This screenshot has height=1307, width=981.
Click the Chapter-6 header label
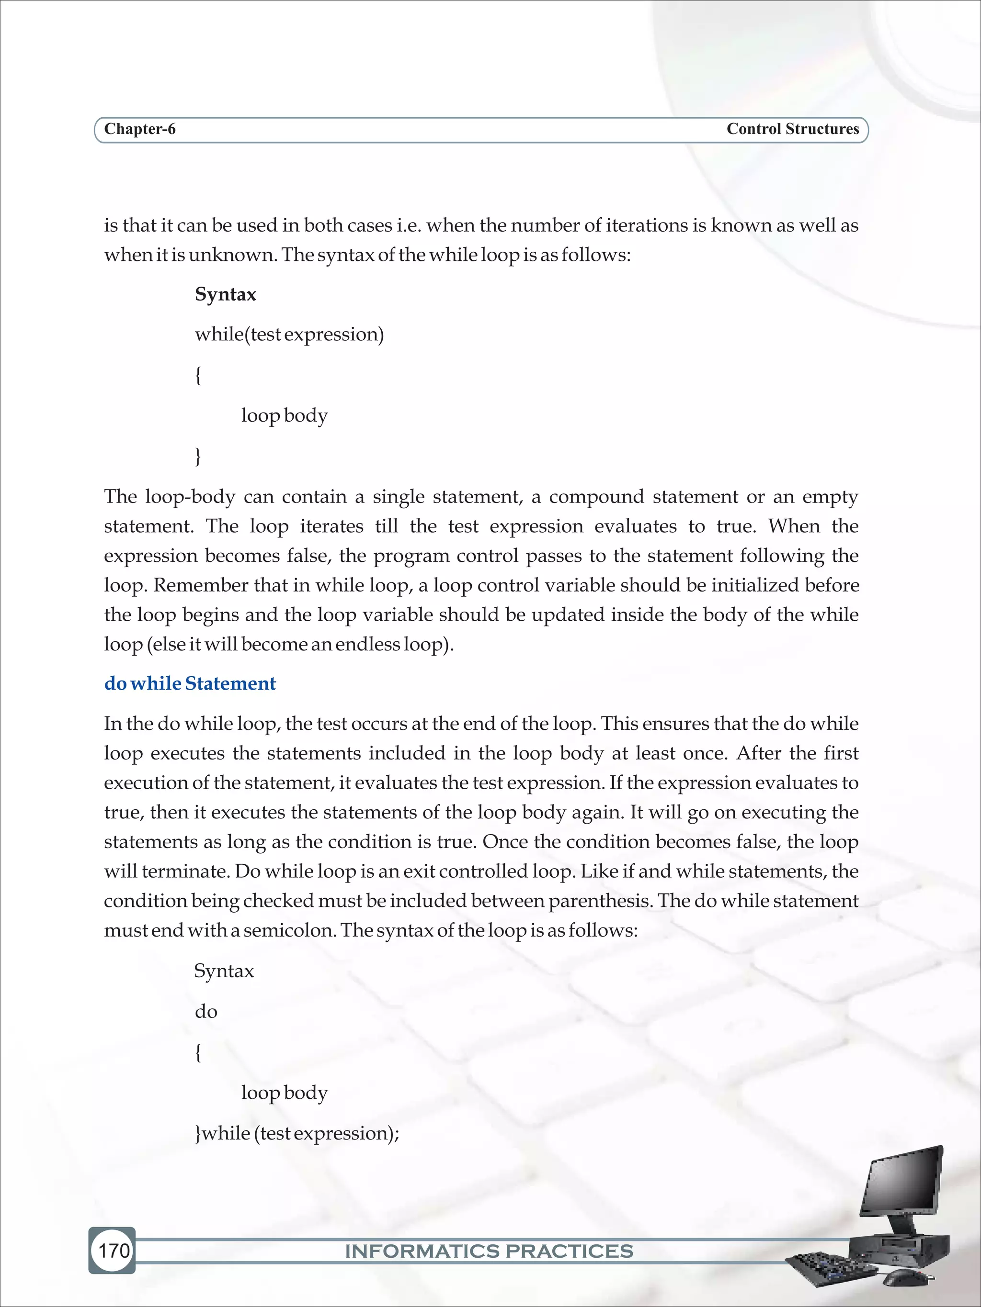click(139, 129)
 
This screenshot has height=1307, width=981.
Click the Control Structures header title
click(792, 129)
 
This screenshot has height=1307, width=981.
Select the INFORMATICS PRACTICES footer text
click(489, 1251)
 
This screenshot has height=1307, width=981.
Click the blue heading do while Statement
click(190, 683)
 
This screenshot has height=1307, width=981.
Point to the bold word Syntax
click(225, 294)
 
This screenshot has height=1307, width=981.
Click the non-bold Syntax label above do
click(224, 971)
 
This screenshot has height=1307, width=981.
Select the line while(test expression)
click(289, 335)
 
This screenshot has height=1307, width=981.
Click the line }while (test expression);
click(297, 1133)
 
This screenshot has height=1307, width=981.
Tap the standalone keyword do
click(206, 1012)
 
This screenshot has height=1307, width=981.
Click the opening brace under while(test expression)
click(198, 375)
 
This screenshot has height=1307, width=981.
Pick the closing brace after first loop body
click(198, 456)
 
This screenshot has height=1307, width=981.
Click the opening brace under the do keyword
click(198, 1052)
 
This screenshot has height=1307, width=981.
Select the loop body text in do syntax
click(284, 1093)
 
